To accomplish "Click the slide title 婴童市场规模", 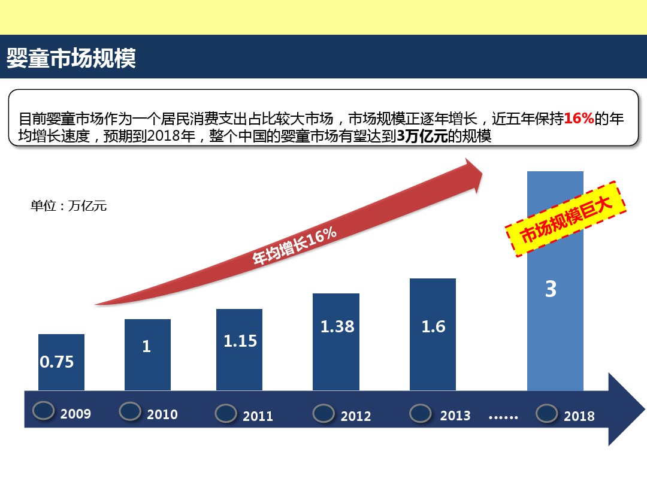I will [x=71, y=58].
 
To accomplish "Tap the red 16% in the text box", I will [x=579, y=119].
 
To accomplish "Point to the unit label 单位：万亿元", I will [x=68, y=207].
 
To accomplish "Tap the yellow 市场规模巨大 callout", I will [x=566, y=220].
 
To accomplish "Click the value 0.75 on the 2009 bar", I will [x=57, y=362].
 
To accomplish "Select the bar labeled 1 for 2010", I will [x=147, y=353].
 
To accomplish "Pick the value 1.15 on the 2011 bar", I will [x=240, y=341].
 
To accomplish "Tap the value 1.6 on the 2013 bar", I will [x=433, y=327].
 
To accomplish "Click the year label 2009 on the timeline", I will [x=75, y=413].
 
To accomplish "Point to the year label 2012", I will [x=356, y=416].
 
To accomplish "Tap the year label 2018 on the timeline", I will [x=579, y=416].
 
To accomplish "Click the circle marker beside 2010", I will [x=130, y=411].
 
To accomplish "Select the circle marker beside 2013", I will [x=421, y=413].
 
